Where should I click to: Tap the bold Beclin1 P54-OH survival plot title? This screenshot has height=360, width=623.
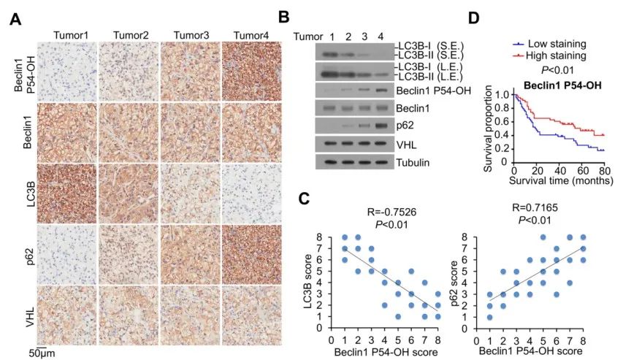coord(553,84)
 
